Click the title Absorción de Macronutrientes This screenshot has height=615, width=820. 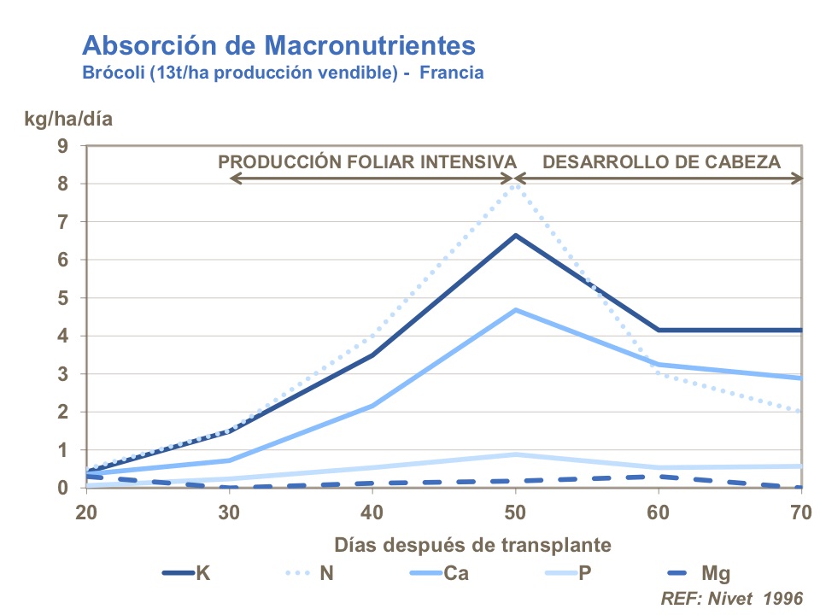pos(278,44)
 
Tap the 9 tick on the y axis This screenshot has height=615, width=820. pos(62,145)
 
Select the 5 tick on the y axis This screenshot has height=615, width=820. pos(62,298)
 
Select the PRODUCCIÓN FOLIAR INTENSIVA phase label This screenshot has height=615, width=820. pos(368,161)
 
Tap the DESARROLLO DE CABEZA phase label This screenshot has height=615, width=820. pos(662,161)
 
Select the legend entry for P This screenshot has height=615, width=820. pos(564,572)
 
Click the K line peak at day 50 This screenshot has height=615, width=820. pos(515,235)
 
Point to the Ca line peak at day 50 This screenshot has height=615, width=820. pos(515,310)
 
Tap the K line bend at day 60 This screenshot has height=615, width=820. pos(658,330)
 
